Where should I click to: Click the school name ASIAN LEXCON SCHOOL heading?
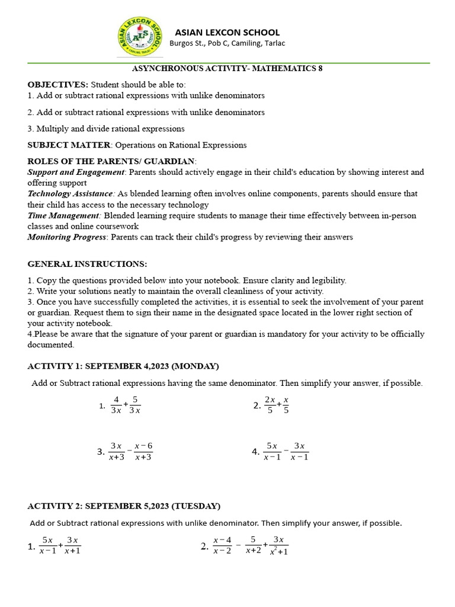click(x=227, y=32)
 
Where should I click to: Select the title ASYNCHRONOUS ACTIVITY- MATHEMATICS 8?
click(x=227, y=68)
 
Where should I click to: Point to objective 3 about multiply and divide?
click(x=106, y=128)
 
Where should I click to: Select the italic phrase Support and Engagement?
click(x=76, y=172)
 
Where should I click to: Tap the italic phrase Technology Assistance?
click(x=71, y=194)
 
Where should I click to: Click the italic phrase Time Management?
click(x=65, y=216)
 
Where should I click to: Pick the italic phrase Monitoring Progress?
click(x=67, y=237)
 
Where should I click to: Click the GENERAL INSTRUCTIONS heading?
click(x=87, y=264)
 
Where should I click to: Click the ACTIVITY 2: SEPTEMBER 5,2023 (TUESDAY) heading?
click(x=124, y=506)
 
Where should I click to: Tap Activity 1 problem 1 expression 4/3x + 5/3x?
click(x=125, y=405)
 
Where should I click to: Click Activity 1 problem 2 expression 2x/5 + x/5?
click(x=277, y=405)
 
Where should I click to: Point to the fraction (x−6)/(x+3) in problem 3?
click(x=143, y=452)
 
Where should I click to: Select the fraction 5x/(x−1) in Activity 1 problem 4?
click(x=272, y=452)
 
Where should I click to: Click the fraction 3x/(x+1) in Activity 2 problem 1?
click(x=73, y=545)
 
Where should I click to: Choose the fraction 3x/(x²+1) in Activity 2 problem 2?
click(x=278, y=545)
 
